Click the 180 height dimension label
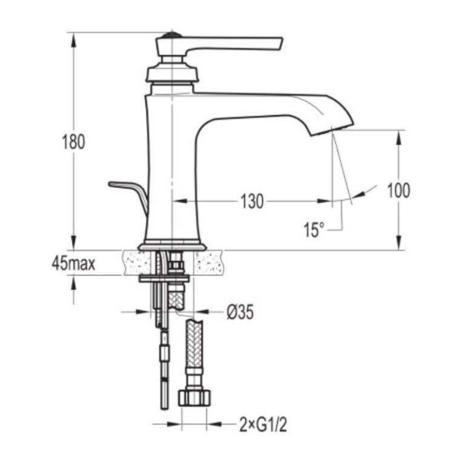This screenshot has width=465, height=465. pos(73,142)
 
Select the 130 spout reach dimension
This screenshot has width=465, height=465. pos(252,202)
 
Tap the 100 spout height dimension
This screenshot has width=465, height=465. pos(399,190)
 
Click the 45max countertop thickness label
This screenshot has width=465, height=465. pos(73,263)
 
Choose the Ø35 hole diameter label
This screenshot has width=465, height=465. pos(240,312)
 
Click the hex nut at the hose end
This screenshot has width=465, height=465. pos(194,398)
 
